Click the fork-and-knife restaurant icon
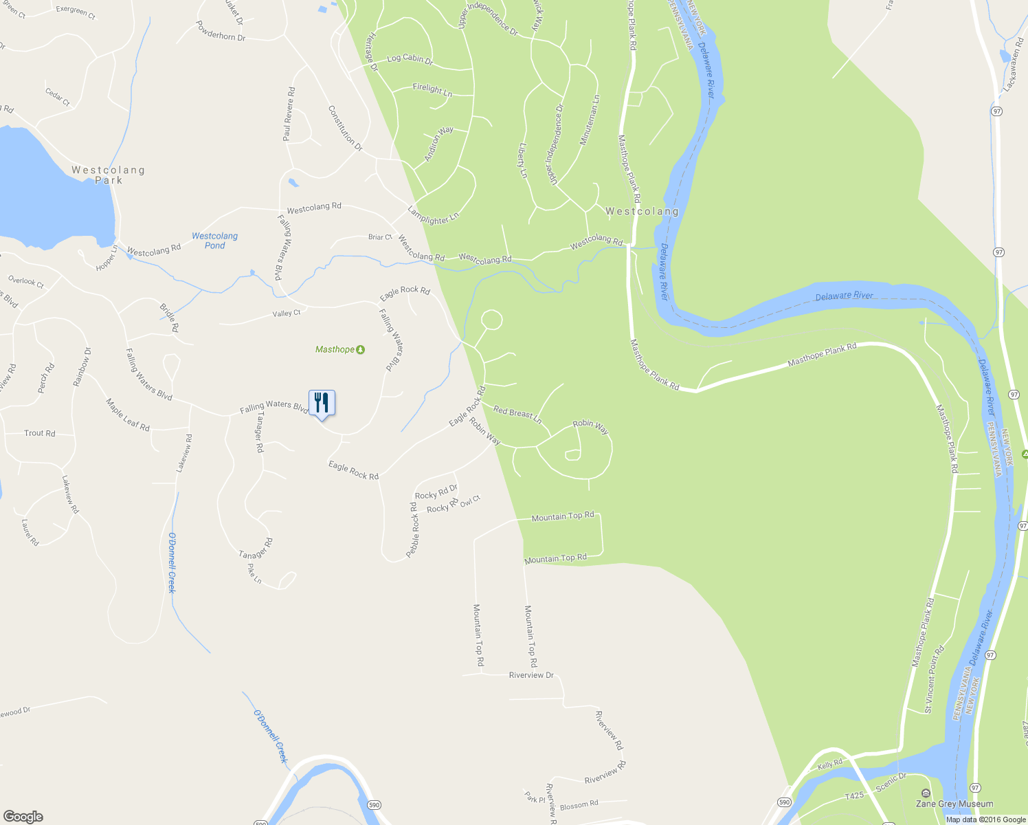pyautogui.click(x=322, y=403)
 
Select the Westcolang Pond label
pyautogui.click(x=214, y=241)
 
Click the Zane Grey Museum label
pyautogui.click(x=954, y=804)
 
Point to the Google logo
pyautogui.click(x=23, y=816)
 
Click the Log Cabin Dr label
pyautogui.click(x=410, y=59)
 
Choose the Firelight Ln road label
pyautogui.click(x=432, y=89)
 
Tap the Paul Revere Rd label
pyautogui.click(x=289, y=114)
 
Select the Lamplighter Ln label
pyautogui.click(x=433, y=216)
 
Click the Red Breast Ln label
pyautogui.click(x=517, y=414)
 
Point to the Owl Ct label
pyautogui.click(x=471, y=501)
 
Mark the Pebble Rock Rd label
pyautogui.click(x=413, y=530)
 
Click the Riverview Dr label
pyautogui.click(x=531, y=675)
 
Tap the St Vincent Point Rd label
pyautogui.click(x=934, y=679)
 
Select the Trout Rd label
pyautogui.click(x=39, y=433)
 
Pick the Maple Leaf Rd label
pyautogui.click(x=127, y=415)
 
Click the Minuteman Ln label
pyautogui.click(x=590, y=120)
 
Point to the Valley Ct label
pyautogui.click(x=287, y=313)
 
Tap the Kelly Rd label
pyautogui.click(x=829, y=764)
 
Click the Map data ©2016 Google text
pyautogui.click(x=985, y=819)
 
